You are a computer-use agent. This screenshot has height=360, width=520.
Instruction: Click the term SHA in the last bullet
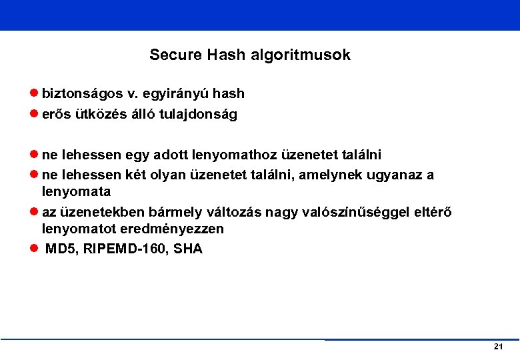pyautogui.click(x=189, y=249)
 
